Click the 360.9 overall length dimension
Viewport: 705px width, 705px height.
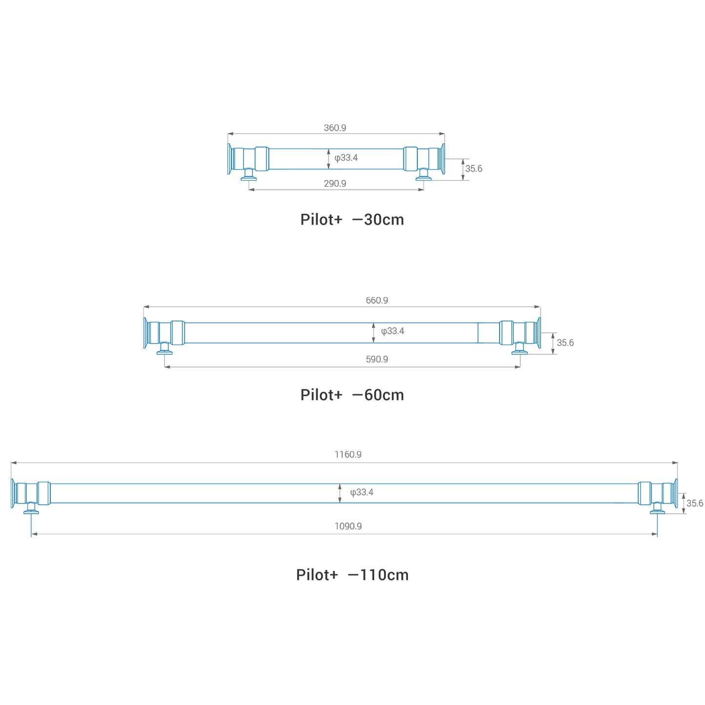[x=334, y=128]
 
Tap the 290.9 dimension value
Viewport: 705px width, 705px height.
[x=334, y=183]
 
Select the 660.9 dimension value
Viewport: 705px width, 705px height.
[x=377, y=300]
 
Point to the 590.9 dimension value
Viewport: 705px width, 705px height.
[x=377, y=359]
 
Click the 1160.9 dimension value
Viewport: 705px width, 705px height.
[x=347, y=454]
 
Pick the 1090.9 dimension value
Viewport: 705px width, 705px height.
[x=347, y=526]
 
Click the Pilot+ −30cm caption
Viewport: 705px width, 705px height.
[x=352, y=220]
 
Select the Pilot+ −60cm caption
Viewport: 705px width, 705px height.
[x=352, y=395]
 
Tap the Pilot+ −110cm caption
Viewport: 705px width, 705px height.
[x=352, y=575]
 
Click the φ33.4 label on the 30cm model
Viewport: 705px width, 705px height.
[x=346, y=158]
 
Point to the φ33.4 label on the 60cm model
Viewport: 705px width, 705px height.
[x=392, y=331]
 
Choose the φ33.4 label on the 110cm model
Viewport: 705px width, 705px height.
[x=361, y=492]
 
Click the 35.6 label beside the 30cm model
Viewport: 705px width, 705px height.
[x=473, y=168]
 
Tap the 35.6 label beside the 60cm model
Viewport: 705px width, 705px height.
[x=565, y=342]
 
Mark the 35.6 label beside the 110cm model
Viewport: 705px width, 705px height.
[x=694, y=503]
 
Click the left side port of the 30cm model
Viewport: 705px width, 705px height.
[x=248, y=175]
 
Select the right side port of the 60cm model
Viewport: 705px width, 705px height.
[x=519, y=348]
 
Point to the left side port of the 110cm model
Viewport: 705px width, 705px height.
[x=31, y=508]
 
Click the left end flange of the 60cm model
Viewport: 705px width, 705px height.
[x=145, y=333]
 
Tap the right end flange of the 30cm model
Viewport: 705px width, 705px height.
[x=443, y=159]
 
